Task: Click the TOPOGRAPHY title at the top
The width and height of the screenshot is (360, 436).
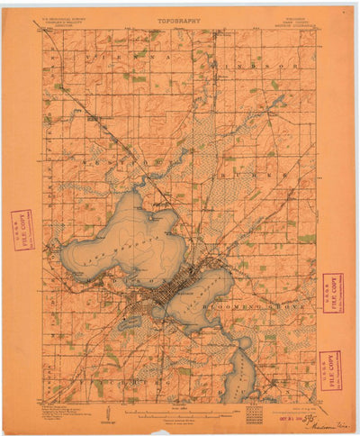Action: coord(180,18)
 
